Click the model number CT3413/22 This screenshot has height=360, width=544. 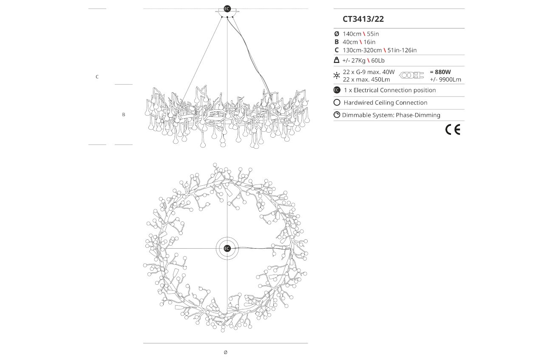pos(363,19)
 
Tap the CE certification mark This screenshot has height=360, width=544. pos(453,130)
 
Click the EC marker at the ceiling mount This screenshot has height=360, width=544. pos(227,9)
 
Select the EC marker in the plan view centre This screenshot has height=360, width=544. pos(227,248)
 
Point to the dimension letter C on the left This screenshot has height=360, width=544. pos(97,77)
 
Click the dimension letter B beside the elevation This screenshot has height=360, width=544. pos(124,114)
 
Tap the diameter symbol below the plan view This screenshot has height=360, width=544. pos(225,352)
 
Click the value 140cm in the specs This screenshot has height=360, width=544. pos(352,34)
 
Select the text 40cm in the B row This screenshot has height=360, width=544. pos(350,42)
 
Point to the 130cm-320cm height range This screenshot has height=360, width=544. pos(362,50)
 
